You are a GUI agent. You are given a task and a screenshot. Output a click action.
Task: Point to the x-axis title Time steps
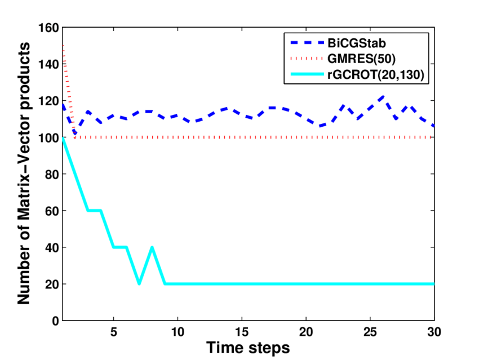(248, 348)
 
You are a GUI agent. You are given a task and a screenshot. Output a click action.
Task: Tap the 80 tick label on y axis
(50, 174)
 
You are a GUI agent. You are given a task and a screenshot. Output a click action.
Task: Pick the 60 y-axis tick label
(50, 211)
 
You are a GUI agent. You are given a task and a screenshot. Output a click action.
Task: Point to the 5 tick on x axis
(113, 331)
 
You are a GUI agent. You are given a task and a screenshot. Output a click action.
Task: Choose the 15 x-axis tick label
(241, 331)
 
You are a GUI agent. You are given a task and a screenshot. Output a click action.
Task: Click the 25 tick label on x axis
(370, 331)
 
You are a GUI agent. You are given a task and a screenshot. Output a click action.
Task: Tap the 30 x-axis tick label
(433, 331)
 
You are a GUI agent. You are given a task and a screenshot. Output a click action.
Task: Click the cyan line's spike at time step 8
(152, 247)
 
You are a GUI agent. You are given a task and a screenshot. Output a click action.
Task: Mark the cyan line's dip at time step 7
(139, 283)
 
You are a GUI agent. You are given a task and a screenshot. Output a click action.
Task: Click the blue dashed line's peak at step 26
(383, 96)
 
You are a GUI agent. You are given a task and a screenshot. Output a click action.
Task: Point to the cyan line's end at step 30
(433, 284)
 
